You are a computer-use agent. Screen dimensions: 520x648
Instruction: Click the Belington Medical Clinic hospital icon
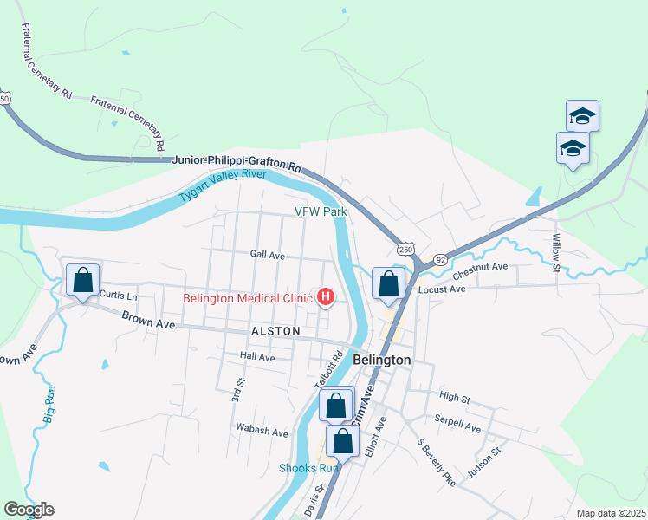point(326,298)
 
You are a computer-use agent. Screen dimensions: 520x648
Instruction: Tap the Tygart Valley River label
point(223,185)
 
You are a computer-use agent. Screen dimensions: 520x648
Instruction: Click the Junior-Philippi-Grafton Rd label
point(237,161)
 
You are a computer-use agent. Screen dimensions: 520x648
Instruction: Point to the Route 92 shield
point(440,258)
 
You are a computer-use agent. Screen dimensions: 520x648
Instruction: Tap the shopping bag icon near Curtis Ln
point(82,281)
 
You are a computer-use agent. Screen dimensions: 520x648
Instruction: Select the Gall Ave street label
point(267,256)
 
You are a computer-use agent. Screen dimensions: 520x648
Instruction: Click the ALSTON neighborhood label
point(275,331)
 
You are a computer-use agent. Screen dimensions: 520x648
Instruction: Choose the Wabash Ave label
point(262,431)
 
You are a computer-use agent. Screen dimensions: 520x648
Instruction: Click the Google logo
point(29,510)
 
